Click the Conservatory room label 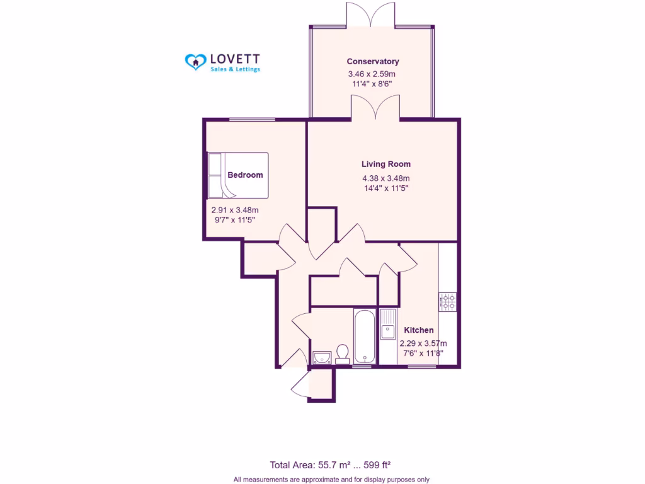(373, 61)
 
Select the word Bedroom (245, 175)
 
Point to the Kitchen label (418, 330)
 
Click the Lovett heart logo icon (195, 60)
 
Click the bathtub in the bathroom (364, 336)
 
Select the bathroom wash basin (322, 358)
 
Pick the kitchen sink (388, 325)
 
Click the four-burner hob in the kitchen (448, 302)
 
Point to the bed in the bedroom (237, 175)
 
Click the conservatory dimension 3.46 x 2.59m (372, 74)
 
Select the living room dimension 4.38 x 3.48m (385, 177)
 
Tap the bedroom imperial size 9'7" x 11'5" (235, 220)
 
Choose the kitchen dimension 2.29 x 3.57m (423, 343)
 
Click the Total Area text (330, 465)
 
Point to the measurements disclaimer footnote (331, 480)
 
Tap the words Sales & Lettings (235, 69)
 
